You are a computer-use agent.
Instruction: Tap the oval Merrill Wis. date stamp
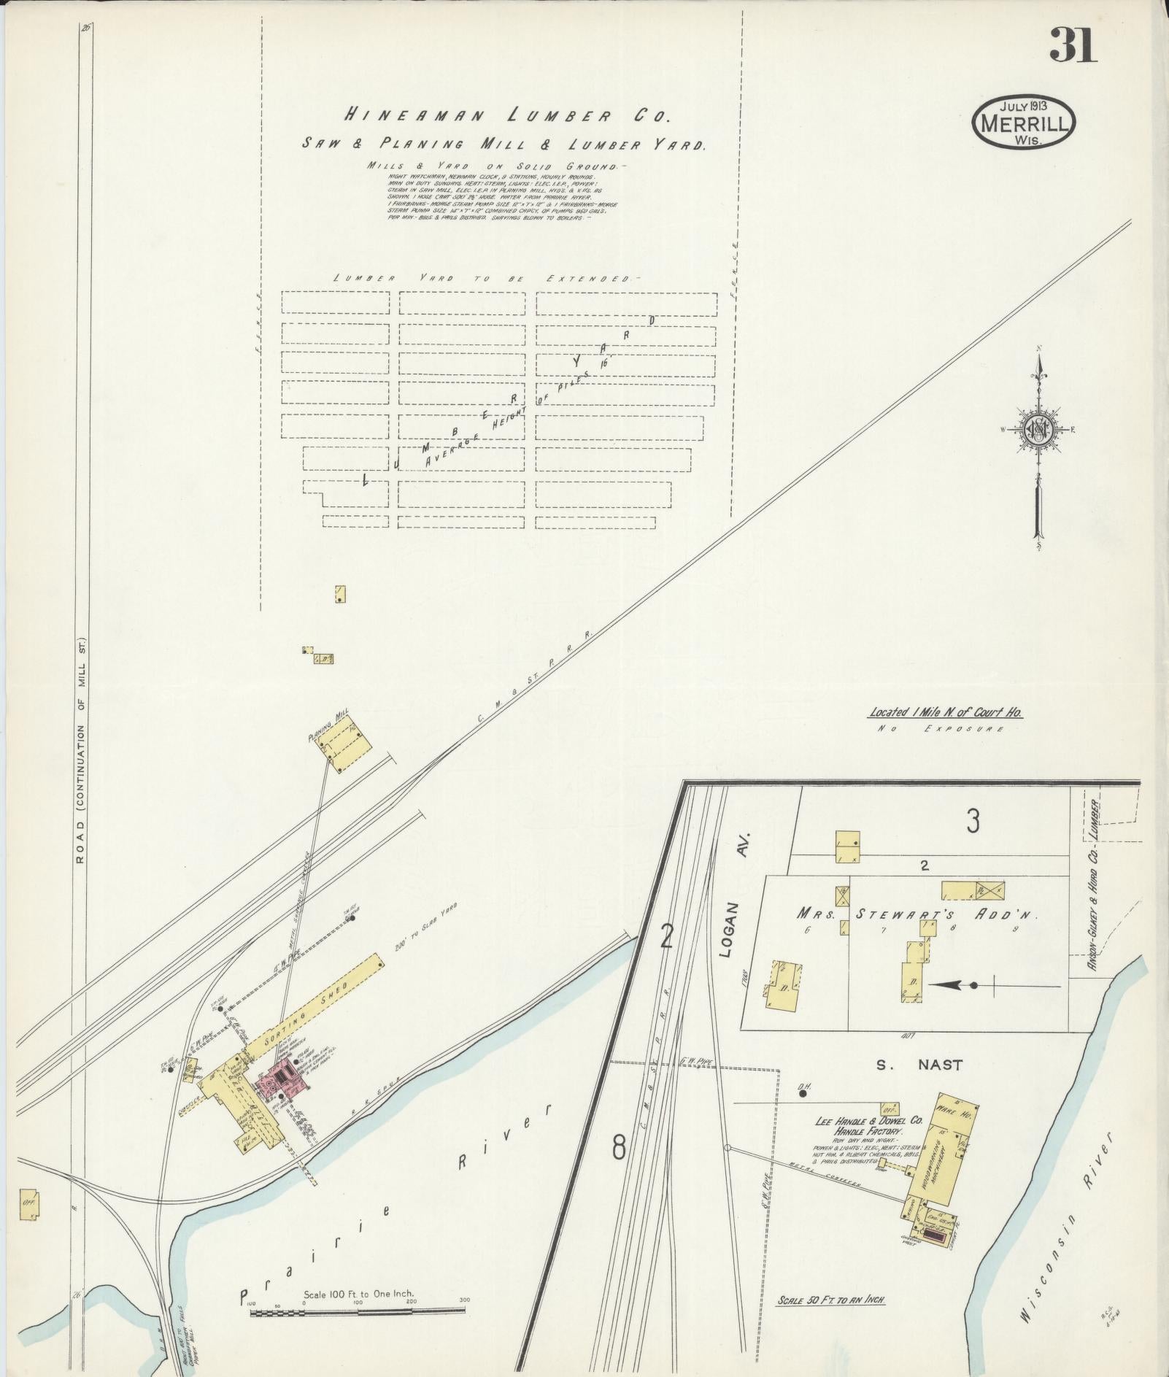coord(1023,123)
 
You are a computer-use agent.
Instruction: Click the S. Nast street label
coord(919,1065)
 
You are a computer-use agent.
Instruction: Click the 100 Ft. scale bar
coord(358,1312)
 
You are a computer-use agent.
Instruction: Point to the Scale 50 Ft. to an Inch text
coord(831,1300)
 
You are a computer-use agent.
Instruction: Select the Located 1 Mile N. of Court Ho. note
coord(945,712)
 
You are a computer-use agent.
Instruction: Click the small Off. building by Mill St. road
coord(29,1205)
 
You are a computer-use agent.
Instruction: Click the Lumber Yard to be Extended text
coord(485,279)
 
